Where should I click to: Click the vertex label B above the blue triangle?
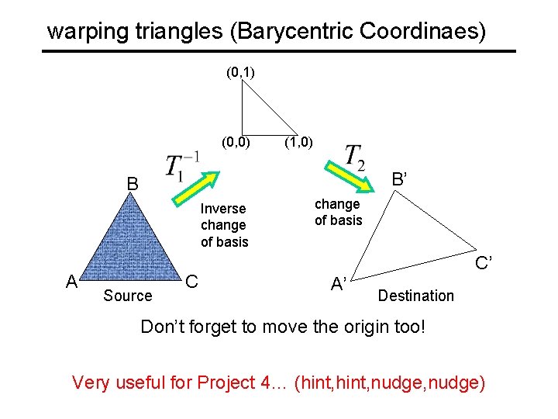pos(133,185)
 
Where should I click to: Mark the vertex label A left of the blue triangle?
pos(71,282)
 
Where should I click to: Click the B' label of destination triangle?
pos(400,179)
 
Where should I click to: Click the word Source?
pos(127,296)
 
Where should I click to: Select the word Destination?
pos(415,296)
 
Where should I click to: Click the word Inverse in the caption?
pos(223,209)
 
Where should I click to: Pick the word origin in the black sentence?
pos(357,327)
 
